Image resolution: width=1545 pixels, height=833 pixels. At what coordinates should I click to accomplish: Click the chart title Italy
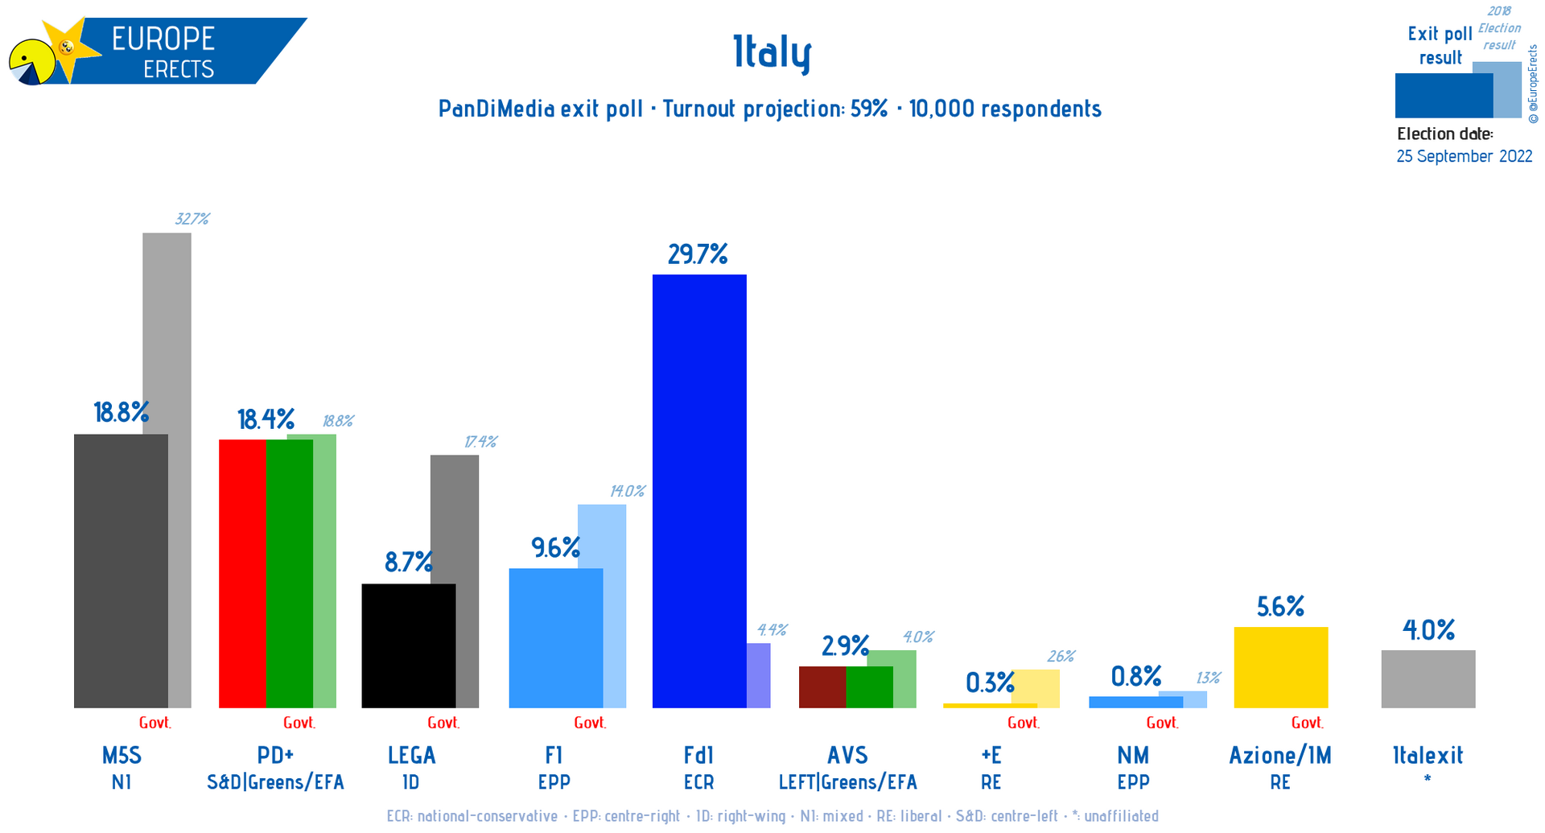pyautogui.click(x=772, y=53)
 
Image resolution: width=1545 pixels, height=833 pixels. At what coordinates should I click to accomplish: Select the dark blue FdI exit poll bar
pyautogui.click(x=698, y=491)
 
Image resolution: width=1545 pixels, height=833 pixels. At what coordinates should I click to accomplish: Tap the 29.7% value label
pyautogui.click(x=698, y=255)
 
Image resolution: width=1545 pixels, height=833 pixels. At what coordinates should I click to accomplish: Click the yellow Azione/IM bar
pyautogui.click(x=1280, y=667)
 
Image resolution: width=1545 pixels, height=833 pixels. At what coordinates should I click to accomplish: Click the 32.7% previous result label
pyautogui.click(x=192, y=219)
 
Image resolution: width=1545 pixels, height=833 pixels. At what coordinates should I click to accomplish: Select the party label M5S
pyautogui.click(x=122, y=755)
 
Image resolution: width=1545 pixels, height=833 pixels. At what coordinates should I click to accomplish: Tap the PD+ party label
pyautogui.click(x=275, y=755)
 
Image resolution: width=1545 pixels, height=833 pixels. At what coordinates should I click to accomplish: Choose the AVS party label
pyautogui.click(x=847, y=755)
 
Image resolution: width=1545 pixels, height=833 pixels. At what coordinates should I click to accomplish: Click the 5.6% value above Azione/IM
pyautogui.click(x=1280, y=606)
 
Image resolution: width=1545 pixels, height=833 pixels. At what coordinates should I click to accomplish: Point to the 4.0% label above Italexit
pyautogui.click(x=1428, y=629)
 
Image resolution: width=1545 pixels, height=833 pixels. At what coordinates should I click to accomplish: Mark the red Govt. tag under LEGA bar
pyautogui.click(x=443, y=723)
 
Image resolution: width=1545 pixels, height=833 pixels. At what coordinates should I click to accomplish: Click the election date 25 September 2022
pyautogui.click(x=1464, y=156)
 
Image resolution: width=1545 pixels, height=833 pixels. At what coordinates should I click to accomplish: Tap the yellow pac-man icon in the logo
pyautogui.click(x=31, y=62)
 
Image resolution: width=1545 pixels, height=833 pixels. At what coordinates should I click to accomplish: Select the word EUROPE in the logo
pyautogui.click(x=163, y=39)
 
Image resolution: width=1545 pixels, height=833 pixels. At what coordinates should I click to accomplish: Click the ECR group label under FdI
pyautogui.click(x=698, y=782)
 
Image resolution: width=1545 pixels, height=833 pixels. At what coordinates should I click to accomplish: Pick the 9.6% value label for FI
pyautogui.click(x=555, y=548)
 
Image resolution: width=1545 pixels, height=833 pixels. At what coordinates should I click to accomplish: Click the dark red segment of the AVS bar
pyautogui.click(x=822, y=687)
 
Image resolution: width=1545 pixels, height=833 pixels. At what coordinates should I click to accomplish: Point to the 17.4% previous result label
pyautogui.click(x=480, y=442)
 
